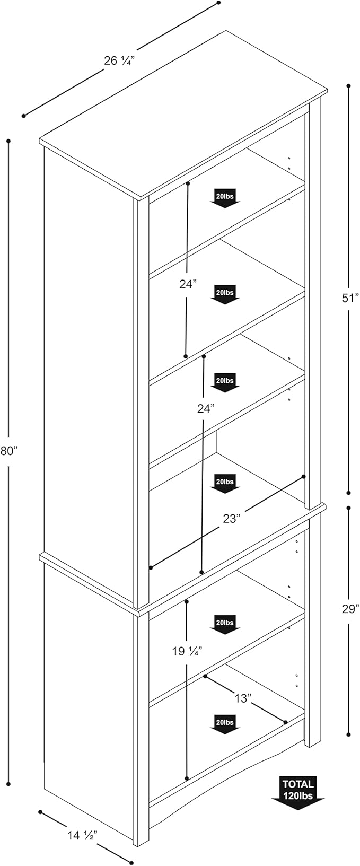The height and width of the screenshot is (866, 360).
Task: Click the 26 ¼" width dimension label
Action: coord(117,60)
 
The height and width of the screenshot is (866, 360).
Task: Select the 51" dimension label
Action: coord(350,298)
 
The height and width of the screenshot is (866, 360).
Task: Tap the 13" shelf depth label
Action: coord(242,698)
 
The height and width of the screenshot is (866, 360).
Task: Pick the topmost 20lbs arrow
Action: coord(225,197)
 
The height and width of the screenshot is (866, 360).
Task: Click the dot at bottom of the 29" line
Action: coord(348,734)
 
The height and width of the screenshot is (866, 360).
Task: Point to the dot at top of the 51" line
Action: coord(348,85)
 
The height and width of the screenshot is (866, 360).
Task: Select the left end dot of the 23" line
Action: coord(151,567)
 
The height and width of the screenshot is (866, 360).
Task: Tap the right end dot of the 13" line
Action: coord(285,722)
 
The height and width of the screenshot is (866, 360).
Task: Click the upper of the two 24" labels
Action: coord(187,285)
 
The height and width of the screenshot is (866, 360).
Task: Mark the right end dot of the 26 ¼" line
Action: coord(218,3)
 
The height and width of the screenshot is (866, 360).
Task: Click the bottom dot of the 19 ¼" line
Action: coord(187,778)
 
